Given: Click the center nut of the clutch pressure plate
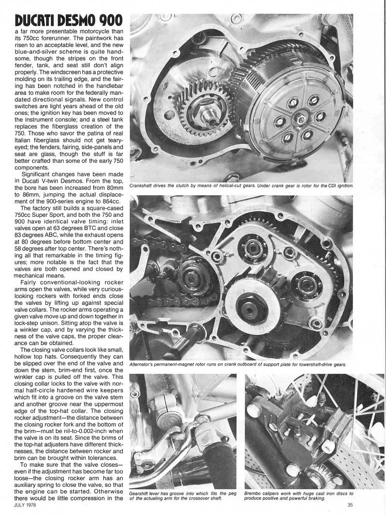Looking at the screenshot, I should click(300, 116).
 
